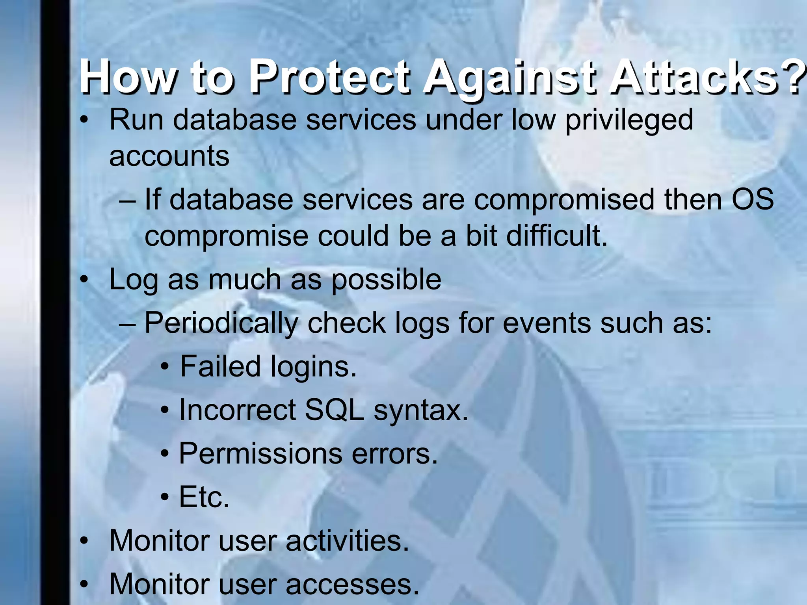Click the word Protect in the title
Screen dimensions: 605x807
(x=330, y=76)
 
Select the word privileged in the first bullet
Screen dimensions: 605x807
(x=629, y=120)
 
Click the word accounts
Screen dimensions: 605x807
(x=169, y=156)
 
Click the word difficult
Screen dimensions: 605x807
(x=556, y=236)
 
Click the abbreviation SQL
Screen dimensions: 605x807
(x=335, y=410)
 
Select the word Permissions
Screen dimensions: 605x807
(x=260, y=454)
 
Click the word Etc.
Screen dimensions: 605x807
(x=204, y=497)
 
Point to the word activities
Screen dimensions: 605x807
(x=347, y=541)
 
